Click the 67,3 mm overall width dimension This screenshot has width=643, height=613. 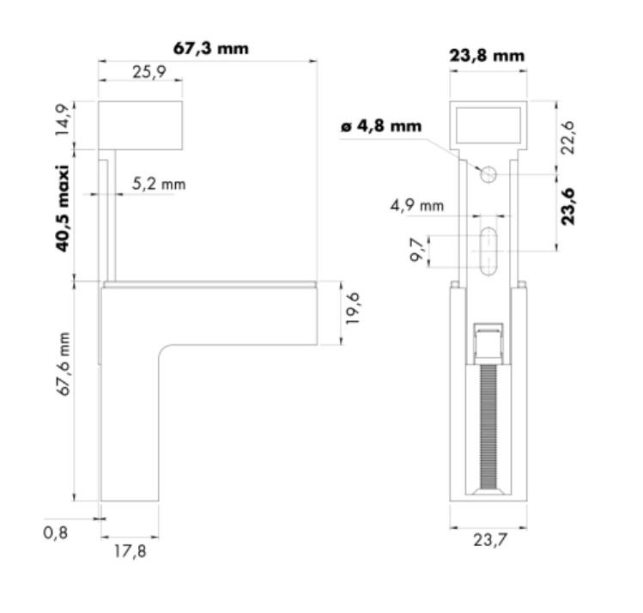coord(210,48)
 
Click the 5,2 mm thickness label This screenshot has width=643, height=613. coord(159,184)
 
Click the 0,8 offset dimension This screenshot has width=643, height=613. coord(55,532)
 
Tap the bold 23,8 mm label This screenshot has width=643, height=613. coord(487,57)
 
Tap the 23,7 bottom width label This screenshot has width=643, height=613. coord(488,540)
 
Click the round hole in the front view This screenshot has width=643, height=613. coord(488,174)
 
